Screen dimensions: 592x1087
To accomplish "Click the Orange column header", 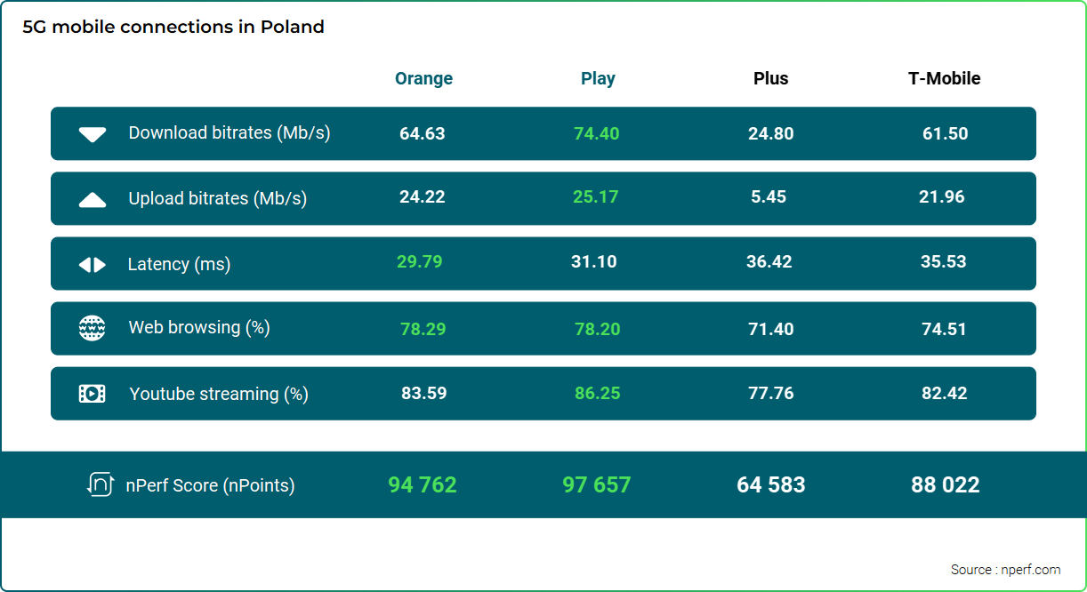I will [423, 78].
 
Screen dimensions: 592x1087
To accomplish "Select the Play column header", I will [598, 78].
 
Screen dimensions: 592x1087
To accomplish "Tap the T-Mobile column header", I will [944, 78].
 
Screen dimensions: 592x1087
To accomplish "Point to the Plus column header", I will [770, 78].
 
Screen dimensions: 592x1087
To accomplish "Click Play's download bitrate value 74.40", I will [597, 133].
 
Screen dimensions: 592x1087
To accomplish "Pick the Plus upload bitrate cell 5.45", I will [769, 196].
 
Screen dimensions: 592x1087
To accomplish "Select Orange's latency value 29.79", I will [419, 261].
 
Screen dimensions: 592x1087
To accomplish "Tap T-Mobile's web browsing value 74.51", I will [944, 329].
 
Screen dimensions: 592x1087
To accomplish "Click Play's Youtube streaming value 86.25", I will [597, 393].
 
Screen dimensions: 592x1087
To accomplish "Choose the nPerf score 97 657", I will [596, 484].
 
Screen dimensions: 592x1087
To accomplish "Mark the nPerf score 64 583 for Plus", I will [770, 484].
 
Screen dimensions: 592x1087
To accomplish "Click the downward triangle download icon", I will [93, 134].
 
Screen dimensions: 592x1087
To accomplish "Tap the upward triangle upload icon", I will [93, 200].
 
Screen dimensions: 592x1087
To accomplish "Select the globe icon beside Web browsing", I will [92, 328].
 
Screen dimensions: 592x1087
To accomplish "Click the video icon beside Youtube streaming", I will [92, 394].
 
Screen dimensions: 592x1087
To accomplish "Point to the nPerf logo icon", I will [100, 484].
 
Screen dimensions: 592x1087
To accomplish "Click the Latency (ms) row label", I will [179, 264].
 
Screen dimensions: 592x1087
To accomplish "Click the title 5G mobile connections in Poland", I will [173, 27].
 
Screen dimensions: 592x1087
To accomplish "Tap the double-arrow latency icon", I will [93, 265].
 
